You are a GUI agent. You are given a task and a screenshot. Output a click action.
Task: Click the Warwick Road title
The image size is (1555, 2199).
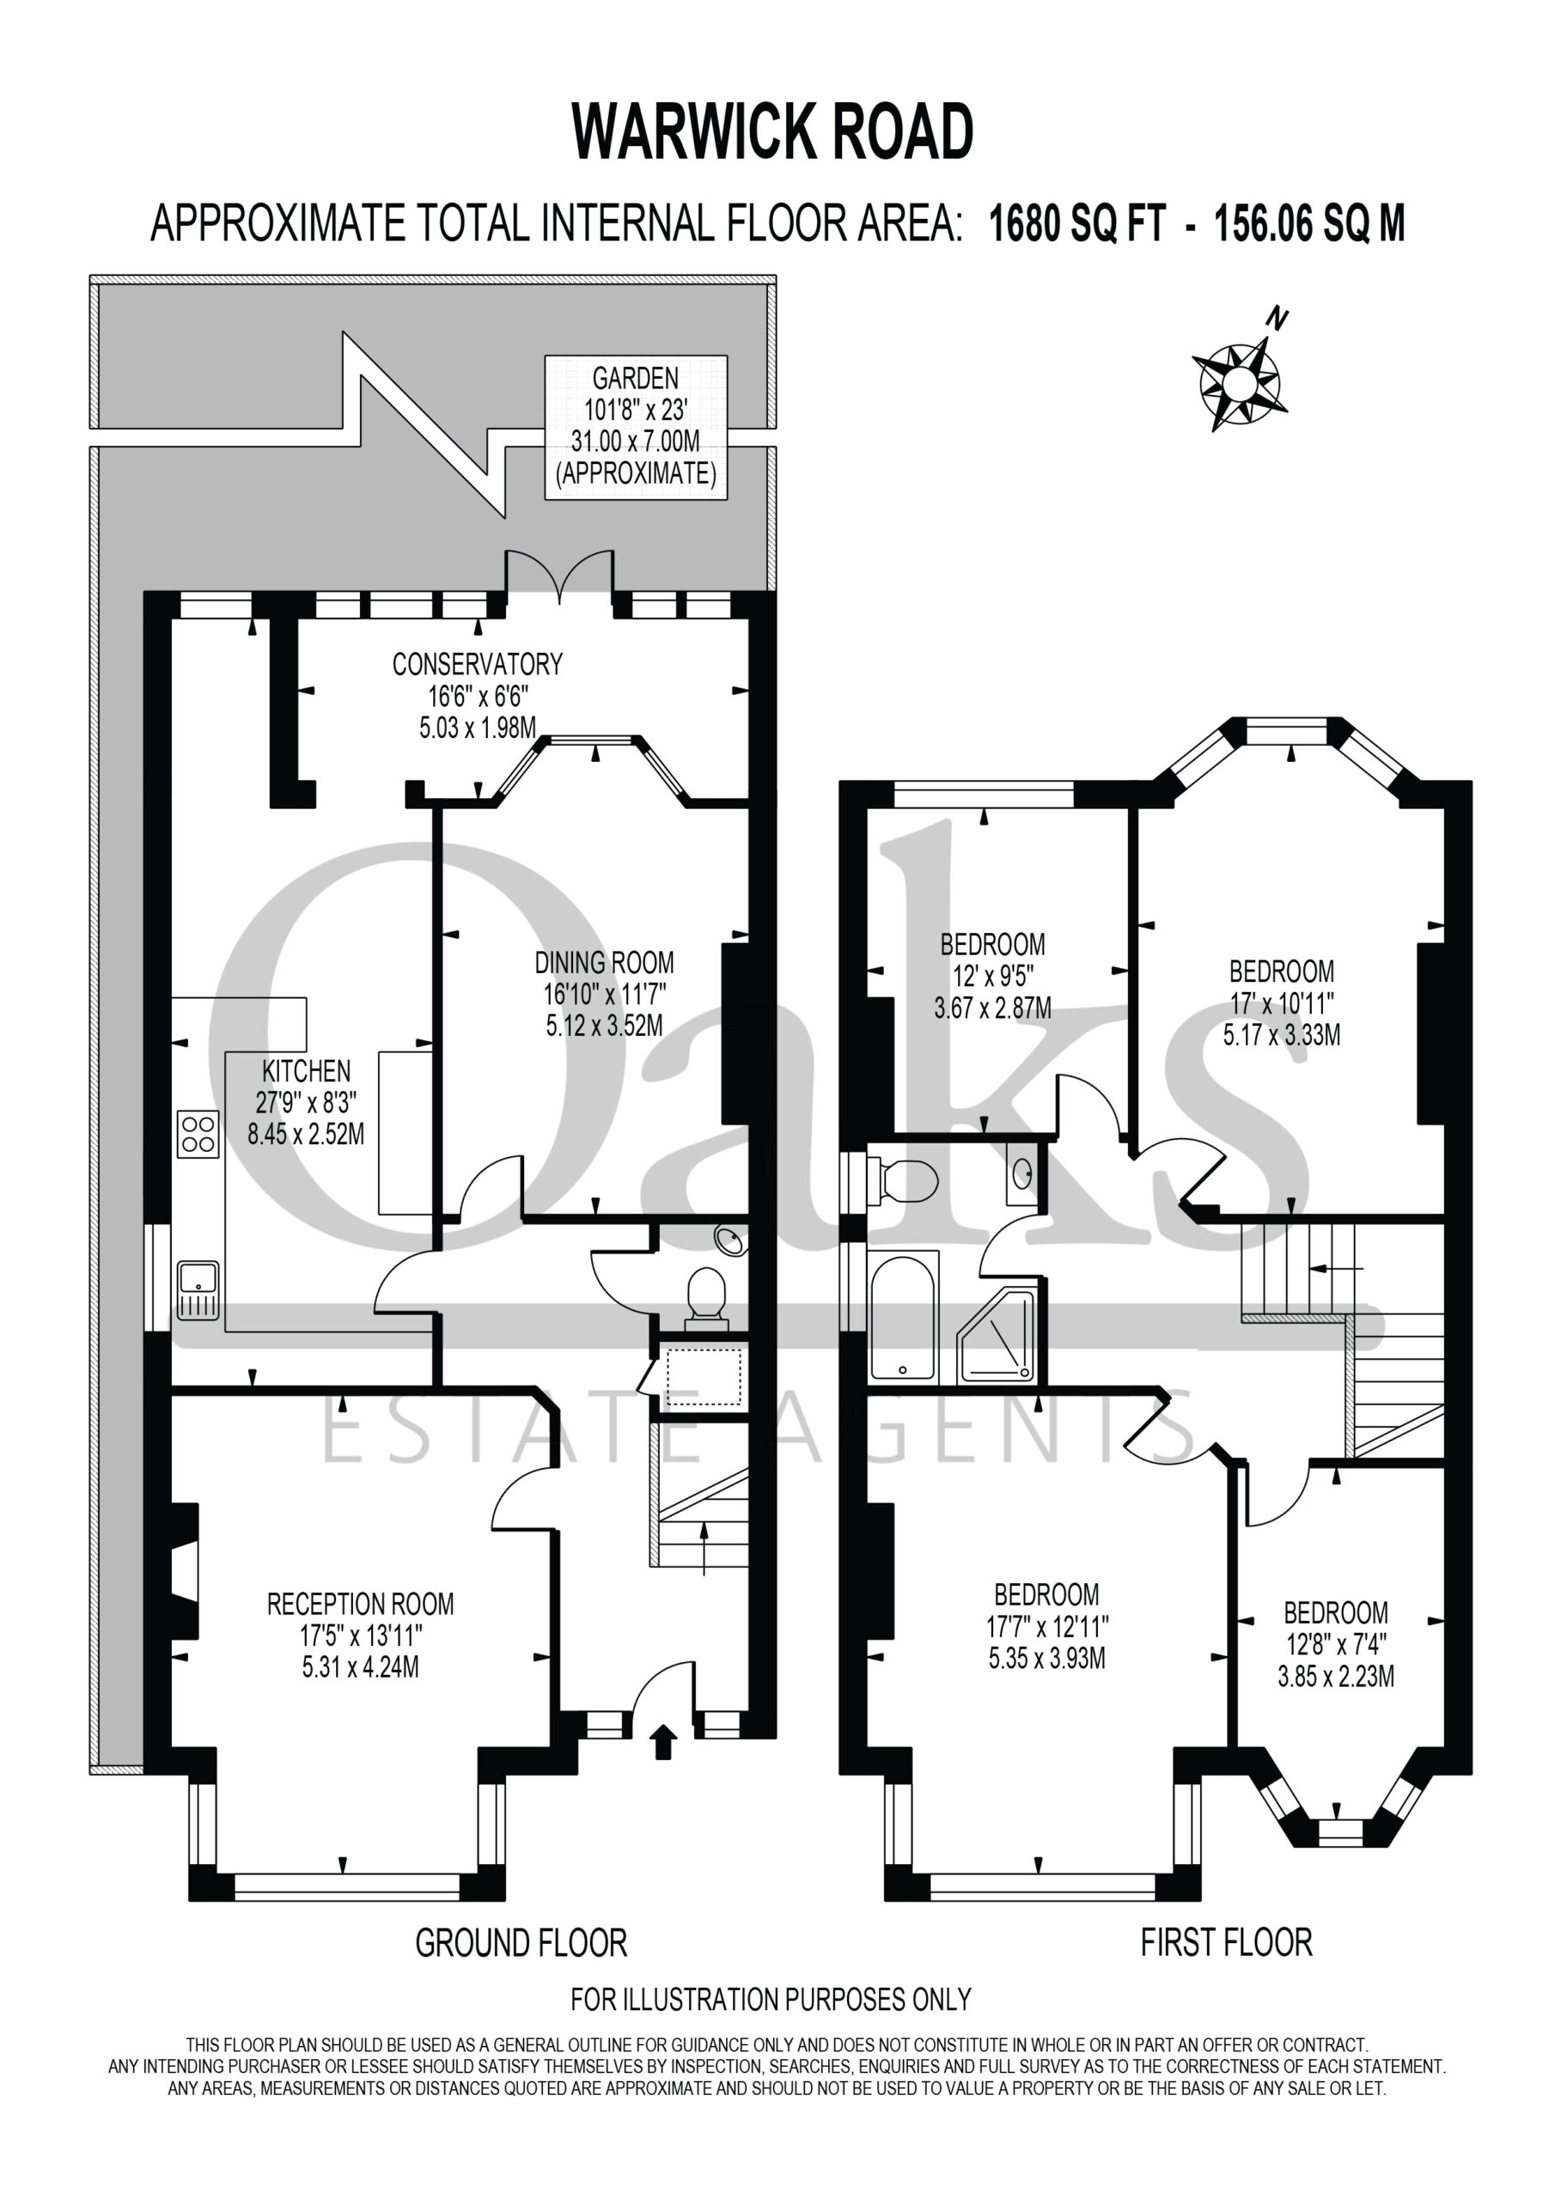pos(772,132)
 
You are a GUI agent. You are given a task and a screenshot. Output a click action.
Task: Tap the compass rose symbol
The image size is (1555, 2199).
pos(1238,373)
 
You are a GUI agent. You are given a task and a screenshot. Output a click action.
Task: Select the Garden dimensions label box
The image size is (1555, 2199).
pos(637,427)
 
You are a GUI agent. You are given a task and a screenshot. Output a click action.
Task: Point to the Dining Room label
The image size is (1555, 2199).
pos(604,993)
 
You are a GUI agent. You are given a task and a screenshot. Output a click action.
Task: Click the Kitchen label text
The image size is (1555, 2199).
pos(306,1102)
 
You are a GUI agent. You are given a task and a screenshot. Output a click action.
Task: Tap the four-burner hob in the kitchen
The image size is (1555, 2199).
pos(198,1134)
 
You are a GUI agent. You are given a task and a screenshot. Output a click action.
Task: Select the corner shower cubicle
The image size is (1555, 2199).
pos(998,1335)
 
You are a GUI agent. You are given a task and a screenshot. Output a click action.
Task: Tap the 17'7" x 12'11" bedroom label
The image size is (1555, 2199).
pos(1046,1625)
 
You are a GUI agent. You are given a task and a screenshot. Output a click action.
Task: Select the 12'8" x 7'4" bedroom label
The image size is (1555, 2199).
pos(1336,1643)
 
